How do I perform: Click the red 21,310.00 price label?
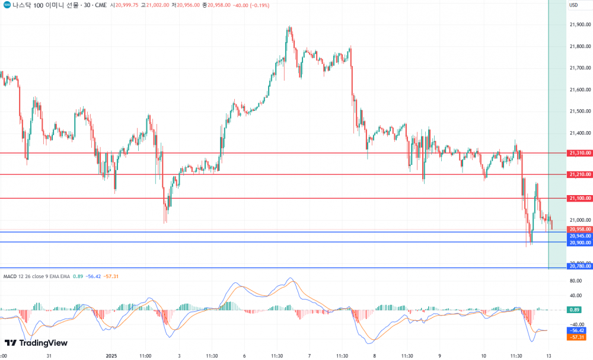tap(579, 153)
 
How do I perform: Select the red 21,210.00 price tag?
tap(579, 174)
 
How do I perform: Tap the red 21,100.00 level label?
tap(579, 198)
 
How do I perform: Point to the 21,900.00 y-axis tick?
tap(579, 25)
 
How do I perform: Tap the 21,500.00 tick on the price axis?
tap(579, 111)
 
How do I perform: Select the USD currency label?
tap(573, 5)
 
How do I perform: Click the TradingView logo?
tap(36, 343)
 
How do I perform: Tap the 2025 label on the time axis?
tap(113, 356)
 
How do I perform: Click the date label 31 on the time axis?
tap(49, 356)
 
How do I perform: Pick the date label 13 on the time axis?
tap(549, 356)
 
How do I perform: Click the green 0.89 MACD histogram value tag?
tap(574, 310)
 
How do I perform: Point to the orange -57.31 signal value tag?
tap(576, 337)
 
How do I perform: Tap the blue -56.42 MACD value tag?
tap(576, 330)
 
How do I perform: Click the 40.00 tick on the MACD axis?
tap(575, 295)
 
